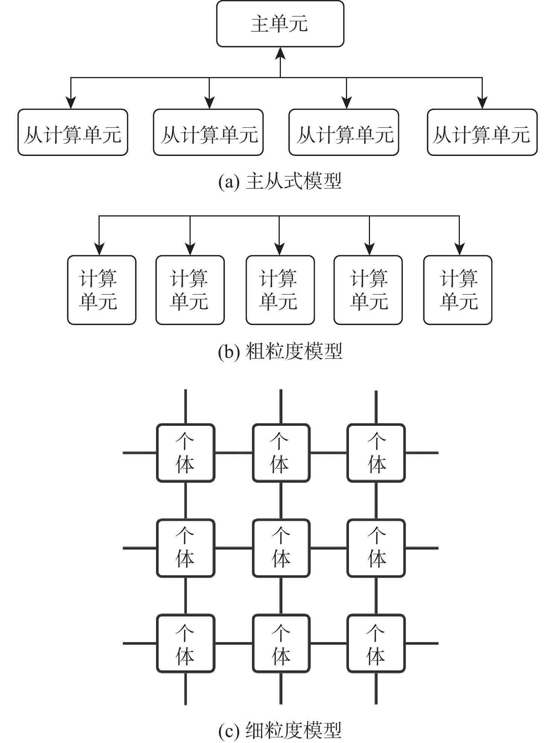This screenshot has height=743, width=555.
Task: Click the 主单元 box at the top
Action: tap(280, 24)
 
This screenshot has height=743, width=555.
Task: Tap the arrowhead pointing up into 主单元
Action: tap(280, 53)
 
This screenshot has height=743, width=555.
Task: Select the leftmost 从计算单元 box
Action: tap(73, 132)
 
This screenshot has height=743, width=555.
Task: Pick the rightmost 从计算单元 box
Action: tap(482, 132)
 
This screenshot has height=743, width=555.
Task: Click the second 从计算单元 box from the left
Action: tap(208, 132)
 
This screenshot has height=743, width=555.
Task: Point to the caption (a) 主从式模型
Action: tap(280, 182)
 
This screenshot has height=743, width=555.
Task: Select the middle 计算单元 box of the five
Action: tap(280, 290)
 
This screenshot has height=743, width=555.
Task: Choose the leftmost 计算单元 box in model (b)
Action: tap(102, 290)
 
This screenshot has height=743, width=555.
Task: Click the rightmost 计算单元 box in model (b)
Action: tap(458, 290)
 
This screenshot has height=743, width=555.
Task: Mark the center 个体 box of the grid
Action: tap(281, 548)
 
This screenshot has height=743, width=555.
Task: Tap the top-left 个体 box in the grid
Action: tap(185, 453)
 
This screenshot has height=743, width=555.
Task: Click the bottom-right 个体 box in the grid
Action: tap(376, 643)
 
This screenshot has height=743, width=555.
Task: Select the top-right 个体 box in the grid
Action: tap(376, 453)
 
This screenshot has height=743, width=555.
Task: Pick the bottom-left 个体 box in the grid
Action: tap(185, 643)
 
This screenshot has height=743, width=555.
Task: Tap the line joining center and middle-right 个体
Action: tap(328, 548)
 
